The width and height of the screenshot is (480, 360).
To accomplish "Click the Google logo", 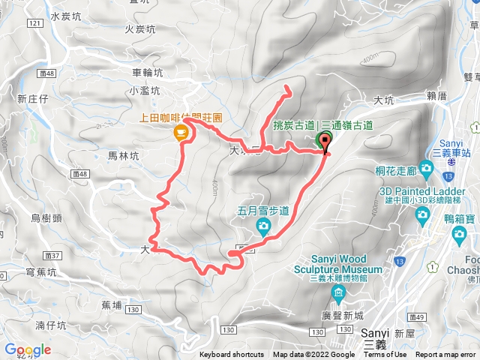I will click(x=28, y=349).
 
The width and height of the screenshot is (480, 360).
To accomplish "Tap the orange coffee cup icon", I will click(x=180, y=133).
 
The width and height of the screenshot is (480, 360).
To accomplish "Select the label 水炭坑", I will click(x=66, y=16).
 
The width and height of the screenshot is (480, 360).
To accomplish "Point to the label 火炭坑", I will click(x=140, y=29).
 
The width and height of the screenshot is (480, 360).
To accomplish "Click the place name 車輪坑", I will click(x=146, y=73).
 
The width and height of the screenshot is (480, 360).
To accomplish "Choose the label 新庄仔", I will click(x=33, y=98).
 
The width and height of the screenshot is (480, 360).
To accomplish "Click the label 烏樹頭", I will click(x=46, y=217).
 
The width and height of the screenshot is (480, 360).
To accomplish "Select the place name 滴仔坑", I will click(x=51, y=325).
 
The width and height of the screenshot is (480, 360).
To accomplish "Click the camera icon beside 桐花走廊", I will click(x=427, y=166).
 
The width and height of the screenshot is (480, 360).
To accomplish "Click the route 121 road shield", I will click(x=34, y=25).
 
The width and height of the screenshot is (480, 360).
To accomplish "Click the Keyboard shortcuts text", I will click(x=232, y=355).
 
